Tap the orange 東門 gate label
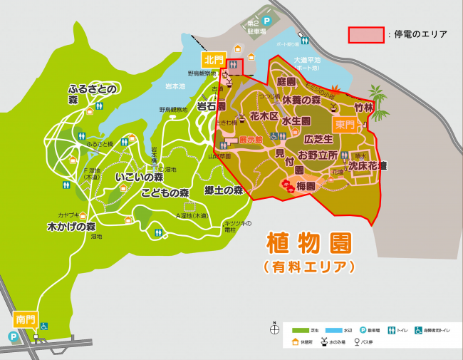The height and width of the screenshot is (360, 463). (345, 125)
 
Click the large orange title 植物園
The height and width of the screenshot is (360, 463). (308, 244)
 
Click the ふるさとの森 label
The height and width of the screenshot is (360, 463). (92, 94)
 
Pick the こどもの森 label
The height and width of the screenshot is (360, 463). (165, 192)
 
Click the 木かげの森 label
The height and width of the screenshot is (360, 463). (71, 227)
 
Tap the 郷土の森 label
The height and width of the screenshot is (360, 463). (224, 190)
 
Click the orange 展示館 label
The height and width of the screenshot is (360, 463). (251, 140)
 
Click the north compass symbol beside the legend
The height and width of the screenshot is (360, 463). (274, 329)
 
